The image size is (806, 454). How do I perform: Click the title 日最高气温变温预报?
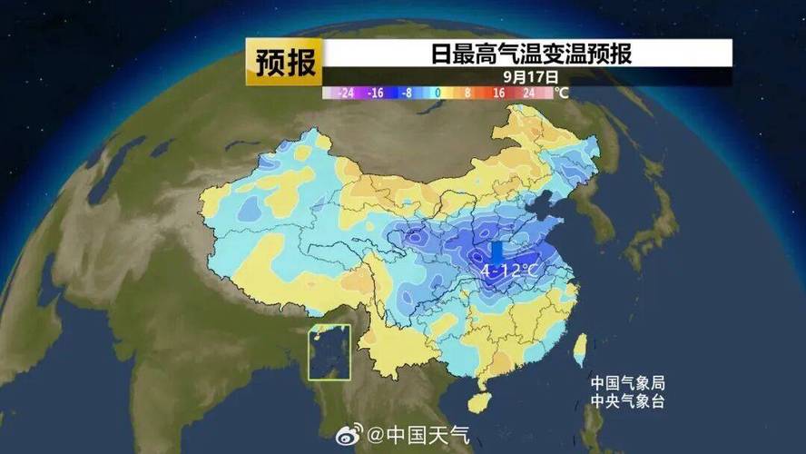(x=530, y=55)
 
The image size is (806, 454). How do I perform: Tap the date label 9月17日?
(x=529, y=78)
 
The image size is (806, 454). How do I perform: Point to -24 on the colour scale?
(x=343, y=93)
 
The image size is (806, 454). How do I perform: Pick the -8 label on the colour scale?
(x=408, y=93)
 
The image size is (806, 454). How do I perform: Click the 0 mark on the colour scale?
(x=437, y=93)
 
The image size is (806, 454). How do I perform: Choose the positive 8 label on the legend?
(x=468, y=93)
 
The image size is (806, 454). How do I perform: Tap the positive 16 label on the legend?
(x=499, y=93)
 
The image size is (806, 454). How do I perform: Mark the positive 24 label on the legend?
(x=530, y=93)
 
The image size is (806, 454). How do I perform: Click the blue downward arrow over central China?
(x=496, y=252)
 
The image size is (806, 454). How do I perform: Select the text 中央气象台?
(x=627, y=401)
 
